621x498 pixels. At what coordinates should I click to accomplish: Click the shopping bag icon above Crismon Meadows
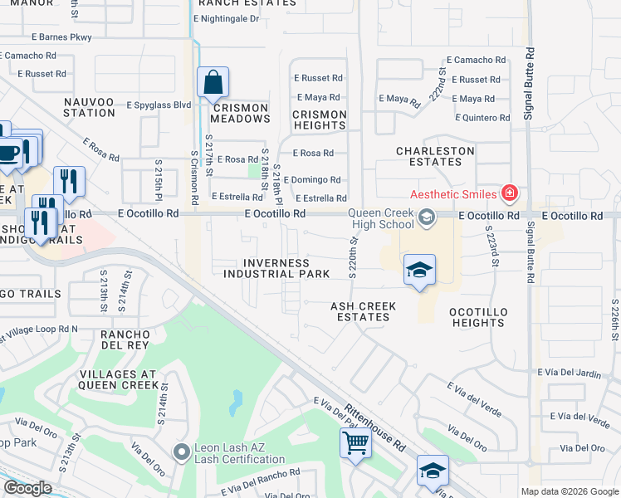coord(213,82)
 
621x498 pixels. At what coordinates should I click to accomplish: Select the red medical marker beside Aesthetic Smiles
coord(510,194)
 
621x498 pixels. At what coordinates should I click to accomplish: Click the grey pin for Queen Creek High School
coord(427,217)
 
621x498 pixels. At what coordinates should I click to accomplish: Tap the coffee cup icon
coord(9,153)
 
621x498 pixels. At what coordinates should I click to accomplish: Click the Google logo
coord(27,488)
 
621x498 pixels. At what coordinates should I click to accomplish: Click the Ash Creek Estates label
coord(363,311)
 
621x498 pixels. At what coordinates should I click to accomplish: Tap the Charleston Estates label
coord(435,156)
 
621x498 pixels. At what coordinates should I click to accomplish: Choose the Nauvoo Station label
coord(89,107)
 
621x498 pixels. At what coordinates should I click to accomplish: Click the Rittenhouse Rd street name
coord(375,428)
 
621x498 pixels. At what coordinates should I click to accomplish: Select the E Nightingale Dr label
coord(226,18)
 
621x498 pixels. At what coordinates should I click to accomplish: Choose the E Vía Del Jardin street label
coord(569,374)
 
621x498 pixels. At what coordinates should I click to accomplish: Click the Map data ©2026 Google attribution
coord(569,491)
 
